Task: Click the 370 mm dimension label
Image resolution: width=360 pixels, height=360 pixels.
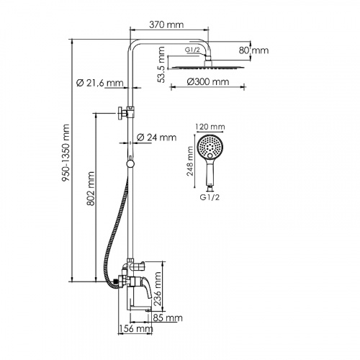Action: (x=166, y=24)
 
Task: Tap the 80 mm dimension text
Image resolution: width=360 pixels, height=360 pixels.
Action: (x=255, y=50)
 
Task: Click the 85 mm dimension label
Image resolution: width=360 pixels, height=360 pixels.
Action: (x=167, y=318)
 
